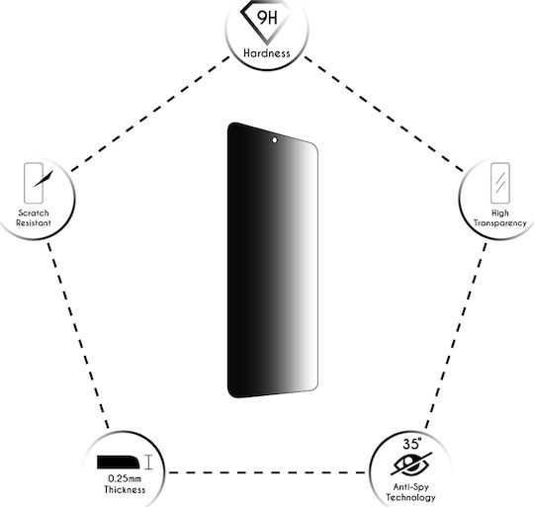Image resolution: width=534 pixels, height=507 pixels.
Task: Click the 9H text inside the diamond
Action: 268,18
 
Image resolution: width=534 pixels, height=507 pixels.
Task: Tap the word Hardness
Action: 267,53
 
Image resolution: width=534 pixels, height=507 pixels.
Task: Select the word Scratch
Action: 34,213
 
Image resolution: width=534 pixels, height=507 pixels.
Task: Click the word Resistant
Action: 34,223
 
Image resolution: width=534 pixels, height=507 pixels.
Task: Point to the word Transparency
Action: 500,223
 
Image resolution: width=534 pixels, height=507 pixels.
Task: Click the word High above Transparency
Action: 500,213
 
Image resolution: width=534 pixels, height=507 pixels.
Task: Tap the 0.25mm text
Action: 125,478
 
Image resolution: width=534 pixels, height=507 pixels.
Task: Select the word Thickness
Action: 125,489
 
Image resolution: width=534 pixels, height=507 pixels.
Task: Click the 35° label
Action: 411,444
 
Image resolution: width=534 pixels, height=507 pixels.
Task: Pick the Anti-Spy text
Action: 410,487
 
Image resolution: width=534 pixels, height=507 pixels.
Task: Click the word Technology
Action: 410,497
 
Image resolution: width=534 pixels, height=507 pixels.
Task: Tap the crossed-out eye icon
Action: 411,464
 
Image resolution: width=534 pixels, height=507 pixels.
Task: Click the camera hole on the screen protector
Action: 275,140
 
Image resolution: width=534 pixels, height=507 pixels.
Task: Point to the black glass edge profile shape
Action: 119,463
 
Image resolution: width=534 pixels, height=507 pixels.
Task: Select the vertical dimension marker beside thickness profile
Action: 148,463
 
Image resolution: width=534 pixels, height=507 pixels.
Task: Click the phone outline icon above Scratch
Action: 34,183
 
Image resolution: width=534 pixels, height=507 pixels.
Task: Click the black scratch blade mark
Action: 44,179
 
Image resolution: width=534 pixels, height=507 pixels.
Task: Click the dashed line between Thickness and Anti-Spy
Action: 267,472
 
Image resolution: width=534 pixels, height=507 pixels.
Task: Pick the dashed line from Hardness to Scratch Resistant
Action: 150,114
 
